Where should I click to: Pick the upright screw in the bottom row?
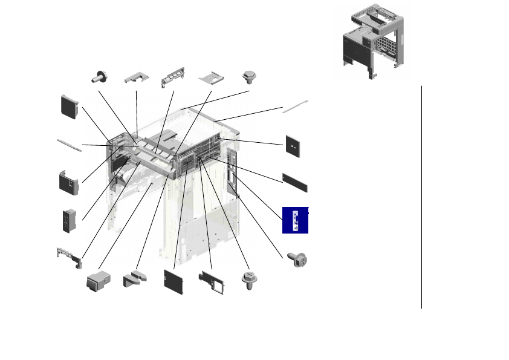(x=248, y=281)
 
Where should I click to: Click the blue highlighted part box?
(x=296, y=220)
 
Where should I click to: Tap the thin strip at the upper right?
(x=295, y=107)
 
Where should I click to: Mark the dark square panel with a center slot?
(x=293, y=146)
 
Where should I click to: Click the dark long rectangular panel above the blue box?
(x=295, y=182)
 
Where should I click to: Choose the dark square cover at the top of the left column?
(x=69, y=106)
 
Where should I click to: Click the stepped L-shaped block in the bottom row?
(x=136, y=280)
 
